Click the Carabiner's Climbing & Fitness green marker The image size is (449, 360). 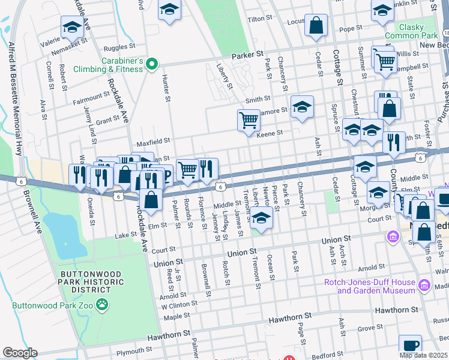152,63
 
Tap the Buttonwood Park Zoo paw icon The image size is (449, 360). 103,305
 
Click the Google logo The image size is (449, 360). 20,353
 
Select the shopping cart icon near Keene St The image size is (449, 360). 249,120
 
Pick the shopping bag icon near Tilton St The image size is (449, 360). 316,26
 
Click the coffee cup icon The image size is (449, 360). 410,346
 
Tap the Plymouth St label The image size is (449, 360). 131,351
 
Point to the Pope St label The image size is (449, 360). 347,29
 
